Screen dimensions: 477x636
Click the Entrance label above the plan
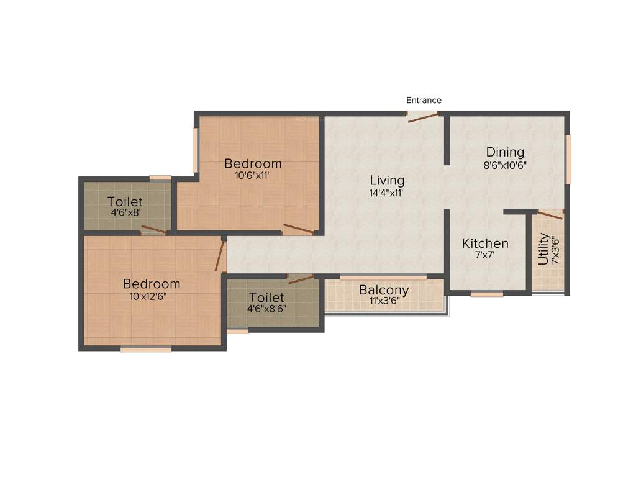[424, 100]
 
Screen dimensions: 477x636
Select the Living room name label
[387, 181]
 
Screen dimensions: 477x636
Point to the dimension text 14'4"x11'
[387, 193]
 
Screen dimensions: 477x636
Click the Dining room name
[505, 152]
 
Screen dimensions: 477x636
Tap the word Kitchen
[485, 243]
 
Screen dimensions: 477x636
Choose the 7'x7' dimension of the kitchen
[485, 255]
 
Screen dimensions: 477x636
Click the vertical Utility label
[544, 249]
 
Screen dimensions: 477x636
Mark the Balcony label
[384, 290]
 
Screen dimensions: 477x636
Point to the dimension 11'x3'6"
[384, 302]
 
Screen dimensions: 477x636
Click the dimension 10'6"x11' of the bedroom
[252, 176]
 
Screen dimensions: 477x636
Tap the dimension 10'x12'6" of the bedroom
[152, 296]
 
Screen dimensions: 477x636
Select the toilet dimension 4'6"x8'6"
[266, 309]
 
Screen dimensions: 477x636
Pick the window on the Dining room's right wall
[568, 159]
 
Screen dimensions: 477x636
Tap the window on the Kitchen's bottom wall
[486, 294]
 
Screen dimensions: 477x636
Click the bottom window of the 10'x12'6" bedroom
[146, 349]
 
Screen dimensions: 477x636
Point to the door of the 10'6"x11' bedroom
[298, 229]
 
